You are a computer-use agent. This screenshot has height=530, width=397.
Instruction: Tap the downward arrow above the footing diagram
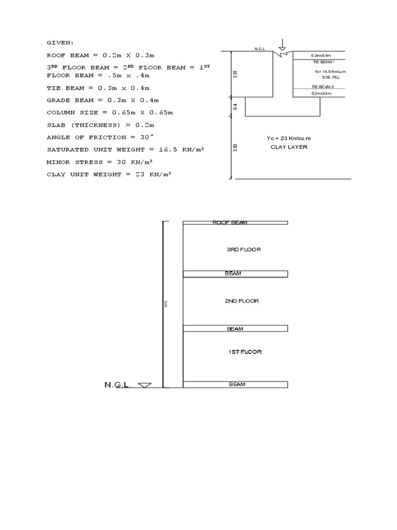click(x=281, y=45)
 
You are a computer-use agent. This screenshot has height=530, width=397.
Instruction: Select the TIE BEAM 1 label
click(x=323, y=62)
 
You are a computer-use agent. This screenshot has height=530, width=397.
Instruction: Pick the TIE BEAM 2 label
click(x=323, y=86)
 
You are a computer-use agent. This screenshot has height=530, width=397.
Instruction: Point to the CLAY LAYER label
click(x=289, y=146)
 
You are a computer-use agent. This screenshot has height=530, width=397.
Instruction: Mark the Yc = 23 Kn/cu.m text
click(x=289, y=138)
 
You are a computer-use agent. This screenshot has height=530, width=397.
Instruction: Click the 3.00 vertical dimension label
click(x=235, y=148)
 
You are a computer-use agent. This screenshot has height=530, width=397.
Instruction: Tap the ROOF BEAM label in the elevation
click(x=230, y=223)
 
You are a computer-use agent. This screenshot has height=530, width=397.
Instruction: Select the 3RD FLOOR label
click(x=243, y=249)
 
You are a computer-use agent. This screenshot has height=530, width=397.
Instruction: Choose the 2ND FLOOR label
click(x=241, y=301)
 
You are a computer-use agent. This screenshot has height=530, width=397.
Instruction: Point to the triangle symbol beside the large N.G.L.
click(x=145, y=385)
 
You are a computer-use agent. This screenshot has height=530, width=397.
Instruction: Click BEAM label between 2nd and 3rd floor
click(x=233, y=274)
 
